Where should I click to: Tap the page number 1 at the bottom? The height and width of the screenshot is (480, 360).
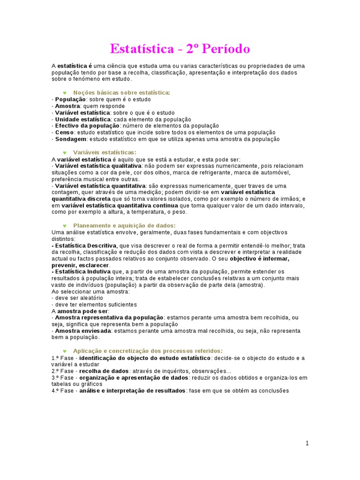point(307,443)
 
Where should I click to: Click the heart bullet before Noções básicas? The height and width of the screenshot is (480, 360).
point(64,93)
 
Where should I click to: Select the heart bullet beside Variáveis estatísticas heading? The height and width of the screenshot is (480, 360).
point(64,152)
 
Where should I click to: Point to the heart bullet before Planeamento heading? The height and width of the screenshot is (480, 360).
point(64,225)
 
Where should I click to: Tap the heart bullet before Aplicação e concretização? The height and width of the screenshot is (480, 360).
point(64,351)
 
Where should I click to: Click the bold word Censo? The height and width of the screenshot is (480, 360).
point(65,133)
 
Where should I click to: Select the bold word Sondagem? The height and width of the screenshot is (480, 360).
point(71,139)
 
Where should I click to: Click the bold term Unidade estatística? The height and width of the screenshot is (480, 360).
point(83,119)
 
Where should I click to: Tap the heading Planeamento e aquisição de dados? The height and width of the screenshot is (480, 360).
point(124,225)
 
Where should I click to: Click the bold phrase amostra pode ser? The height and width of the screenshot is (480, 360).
point(83,311)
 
